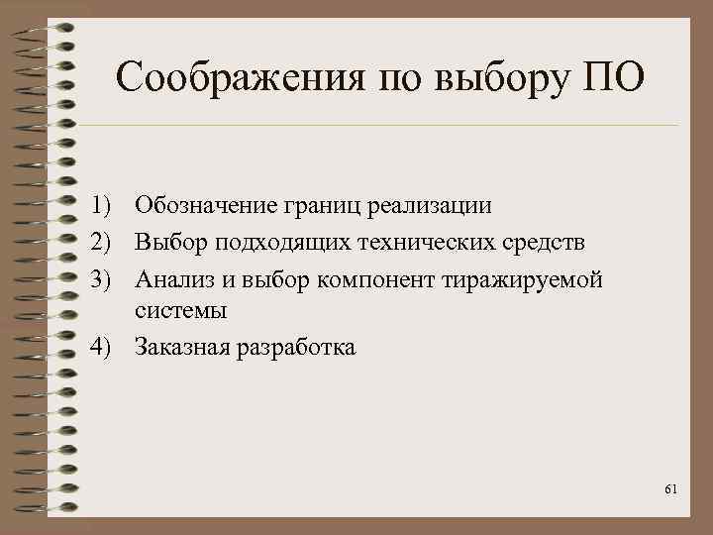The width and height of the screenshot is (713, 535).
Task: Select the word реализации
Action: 429,206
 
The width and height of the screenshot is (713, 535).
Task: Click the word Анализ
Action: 169,279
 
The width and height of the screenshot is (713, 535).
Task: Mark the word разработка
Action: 292,348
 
